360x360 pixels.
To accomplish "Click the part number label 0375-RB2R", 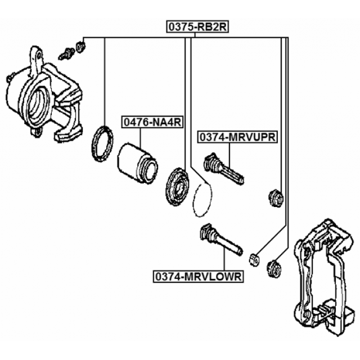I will click(x=194, y=26).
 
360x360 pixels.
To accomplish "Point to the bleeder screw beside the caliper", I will click(x=67, y=54).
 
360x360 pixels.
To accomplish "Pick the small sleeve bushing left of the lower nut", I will click(x=254, y=259).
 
